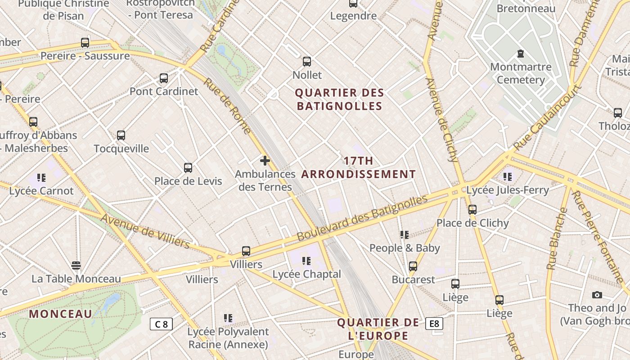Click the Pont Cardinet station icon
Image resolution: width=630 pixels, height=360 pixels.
tap(164, 78)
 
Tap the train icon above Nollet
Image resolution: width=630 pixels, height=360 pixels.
tap(307, 62)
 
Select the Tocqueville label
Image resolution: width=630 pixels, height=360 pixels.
tap(121, 148)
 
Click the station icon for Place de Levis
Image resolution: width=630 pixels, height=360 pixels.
tap(188, 168)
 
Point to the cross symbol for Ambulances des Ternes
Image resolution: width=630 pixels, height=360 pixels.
tap(265, 161)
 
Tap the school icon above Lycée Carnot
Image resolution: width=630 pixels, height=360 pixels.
tap(41, 178)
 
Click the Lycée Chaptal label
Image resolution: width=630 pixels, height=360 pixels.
tap(307, 274)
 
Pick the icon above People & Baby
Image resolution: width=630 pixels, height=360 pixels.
tap(405, 235)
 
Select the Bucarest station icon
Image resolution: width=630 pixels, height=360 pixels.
tap(413, 266)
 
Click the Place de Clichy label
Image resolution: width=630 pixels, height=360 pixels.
tap(472, 223)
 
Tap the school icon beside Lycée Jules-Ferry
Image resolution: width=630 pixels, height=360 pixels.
tap(508, 177)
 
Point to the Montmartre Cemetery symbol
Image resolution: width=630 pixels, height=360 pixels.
tap(521, 54)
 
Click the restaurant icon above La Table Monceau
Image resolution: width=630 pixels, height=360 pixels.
tap(76, 265)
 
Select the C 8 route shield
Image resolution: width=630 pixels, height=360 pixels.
tap(161, 324)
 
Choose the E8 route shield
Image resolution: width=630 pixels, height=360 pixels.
tap(434, 324)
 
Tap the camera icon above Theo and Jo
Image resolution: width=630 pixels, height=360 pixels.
tap(597, 295)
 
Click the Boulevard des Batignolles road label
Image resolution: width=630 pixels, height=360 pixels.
tap(362, 218)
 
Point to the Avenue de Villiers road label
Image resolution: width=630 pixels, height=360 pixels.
tap(145, 231)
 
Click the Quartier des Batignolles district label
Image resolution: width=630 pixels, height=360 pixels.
tap(339, 99)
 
